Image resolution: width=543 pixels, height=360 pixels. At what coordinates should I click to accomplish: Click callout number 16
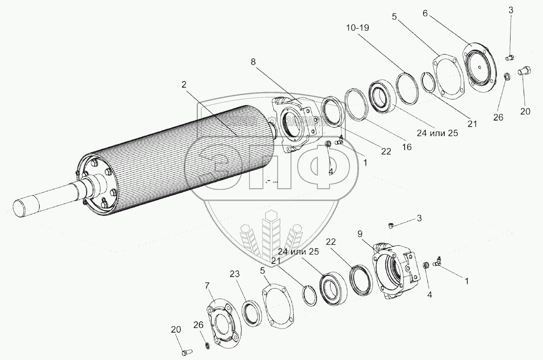(x=407, y=147)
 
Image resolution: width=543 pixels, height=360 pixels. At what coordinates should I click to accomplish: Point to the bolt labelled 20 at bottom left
(x=186, y=350)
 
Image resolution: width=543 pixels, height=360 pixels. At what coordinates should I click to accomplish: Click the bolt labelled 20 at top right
(x=524, y=72)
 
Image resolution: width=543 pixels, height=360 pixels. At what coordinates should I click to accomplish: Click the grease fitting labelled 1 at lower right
(x=438, y=263)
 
